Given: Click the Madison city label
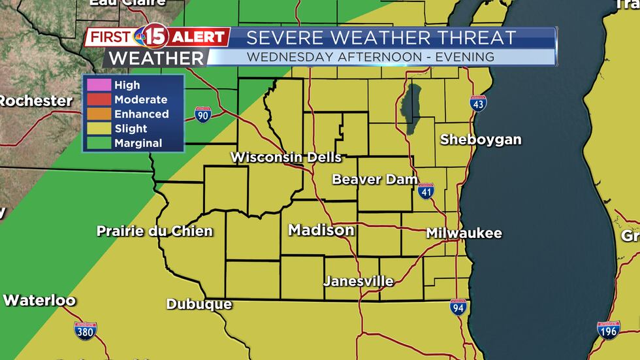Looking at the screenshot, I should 321,230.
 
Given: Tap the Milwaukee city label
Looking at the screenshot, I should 464,233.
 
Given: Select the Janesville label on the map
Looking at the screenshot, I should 359,282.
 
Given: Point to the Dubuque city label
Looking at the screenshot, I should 199,304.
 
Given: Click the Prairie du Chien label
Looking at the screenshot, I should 155,231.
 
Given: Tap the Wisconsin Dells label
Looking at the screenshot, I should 286,157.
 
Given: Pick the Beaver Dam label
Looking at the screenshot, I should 375,179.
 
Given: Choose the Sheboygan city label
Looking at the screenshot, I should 481,139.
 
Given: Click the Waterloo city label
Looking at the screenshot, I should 39,301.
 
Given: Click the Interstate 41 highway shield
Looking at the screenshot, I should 426,190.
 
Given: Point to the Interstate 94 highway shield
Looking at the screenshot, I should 458,307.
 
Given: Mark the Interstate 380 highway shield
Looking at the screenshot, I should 86,330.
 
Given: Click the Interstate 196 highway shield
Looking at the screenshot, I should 609,329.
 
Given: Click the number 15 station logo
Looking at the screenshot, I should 155,37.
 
